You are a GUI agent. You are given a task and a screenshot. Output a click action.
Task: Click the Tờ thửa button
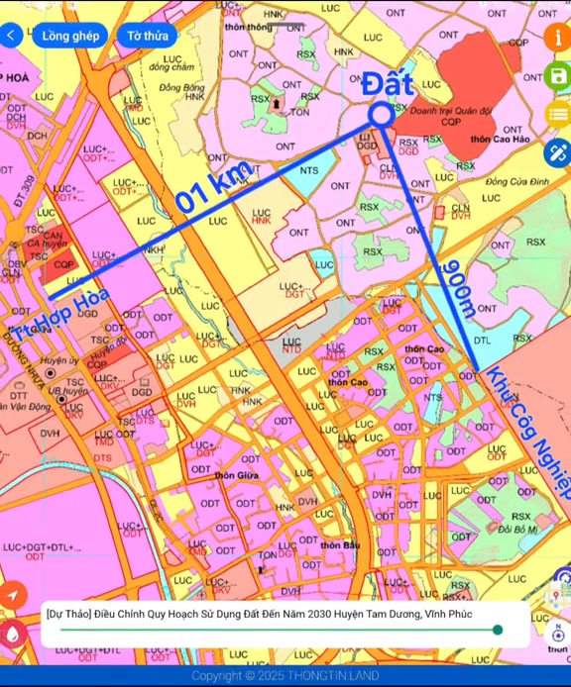tap(147, 36)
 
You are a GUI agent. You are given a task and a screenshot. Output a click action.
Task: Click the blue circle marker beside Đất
tap(381, 116)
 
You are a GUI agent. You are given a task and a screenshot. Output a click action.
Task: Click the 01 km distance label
tap(215, 185)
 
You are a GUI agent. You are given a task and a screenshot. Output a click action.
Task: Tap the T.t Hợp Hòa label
tap(60, 314)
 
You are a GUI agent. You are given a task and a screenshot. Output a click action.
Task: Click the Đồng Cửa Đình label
tap(516, 182)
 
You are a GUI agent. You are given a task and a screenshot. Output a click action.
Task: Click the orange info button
tap(557, 37)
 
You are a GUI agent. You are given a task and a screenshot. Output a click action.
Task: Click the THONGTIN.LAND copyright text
tap(285, 675)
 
